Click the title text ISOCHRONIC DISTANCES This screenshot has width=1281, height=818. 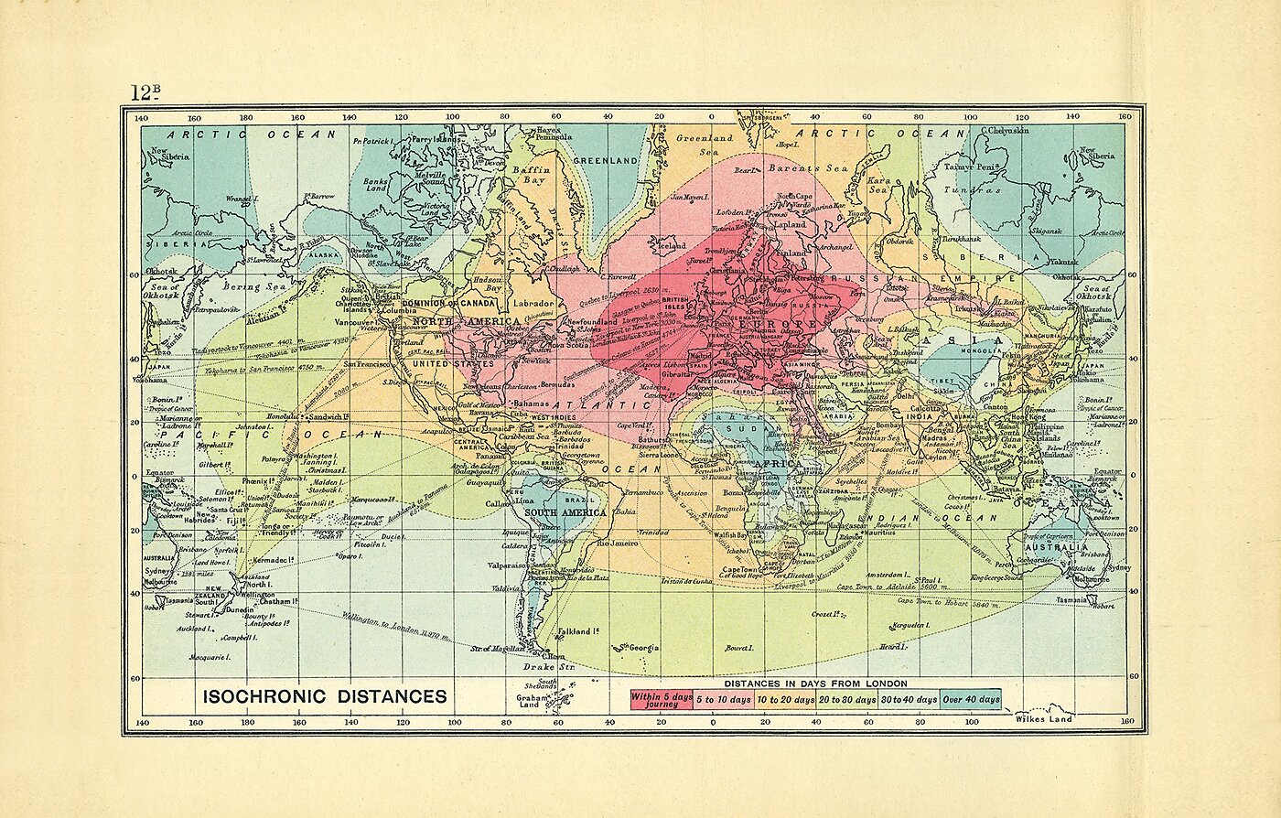(x=325, y=696)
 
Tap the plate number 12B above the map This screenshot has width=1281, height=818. (x=145, y=92)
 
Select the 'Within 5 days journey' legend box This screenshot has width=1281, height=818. (x=661, y=700)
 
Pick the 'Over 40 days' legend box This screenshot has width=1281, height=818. (x=971, y=700)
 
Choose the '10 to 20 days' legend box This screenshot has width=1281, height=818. (x=785, y=700)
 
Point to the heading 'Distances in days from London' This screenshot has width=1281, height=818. (x=815, y=683)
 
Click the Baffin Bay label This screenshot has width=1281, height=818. (x=530, y=175)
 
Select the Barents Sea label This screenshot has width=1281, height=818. (x=808, y=168)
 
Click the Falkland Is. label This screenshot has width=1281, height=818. (x=578, y=630)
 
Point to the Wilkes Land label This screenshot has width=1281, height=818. (x=1043, y=718)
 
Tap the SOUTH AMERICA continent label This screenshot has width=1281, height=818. (x=565, y=512)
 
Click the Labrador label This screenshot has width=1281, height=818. (x=534, y=303)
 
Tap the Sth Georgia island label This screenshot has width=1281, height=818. (x=640, y=648)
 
